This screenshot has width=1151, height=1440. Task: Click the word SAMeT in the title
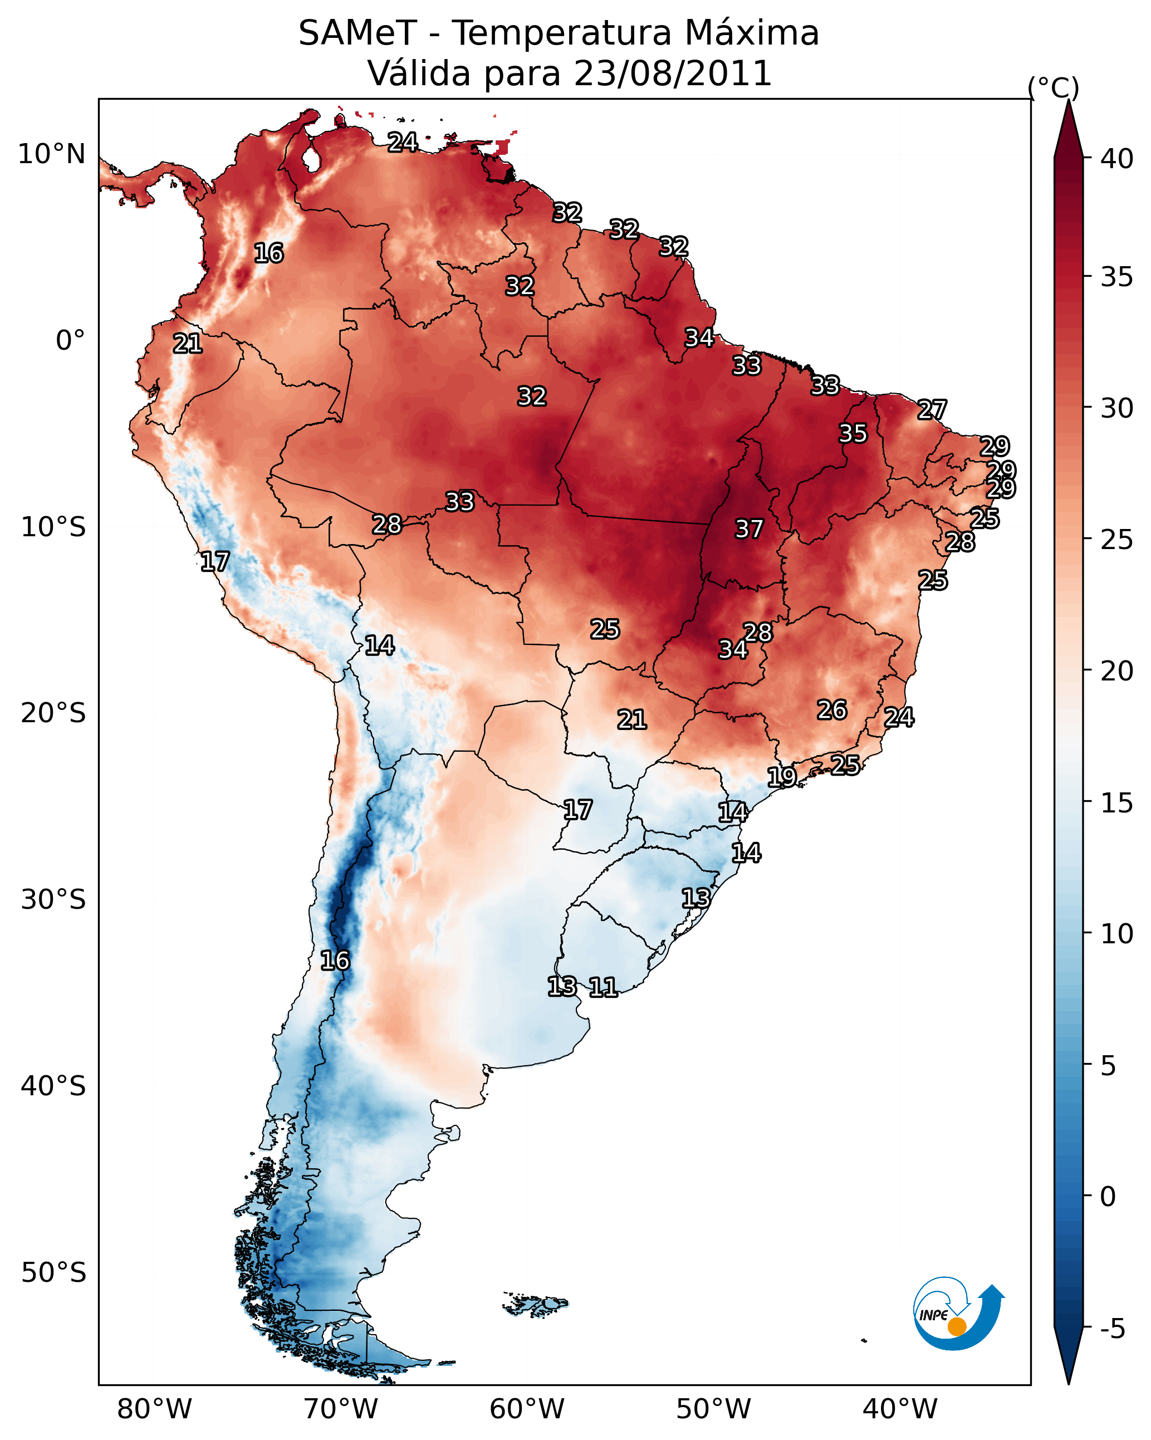coord(357,33)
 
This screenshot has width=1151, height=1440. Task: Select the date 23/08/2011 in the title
coord(672,74)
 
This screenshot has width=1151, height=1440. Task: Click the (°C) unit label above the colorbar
coord(1053,87)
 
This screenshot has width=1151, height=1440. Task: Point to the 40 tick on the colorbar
coord(1117,159)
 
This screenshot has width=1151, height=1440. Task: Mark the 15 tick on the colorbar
coord(1117,803)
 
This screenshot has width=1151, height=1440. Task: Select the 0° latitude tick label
coord(70,341)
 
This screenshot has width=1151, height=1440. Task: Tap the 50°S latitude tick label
coord(53,1273)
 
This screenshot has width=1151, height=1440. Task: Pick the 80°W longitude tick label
coord(154,1409)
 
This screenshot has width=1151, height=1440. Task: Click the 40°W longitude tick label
coord(900,1409)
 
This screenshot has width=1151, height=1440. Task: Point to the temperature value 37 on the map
coord(749,529)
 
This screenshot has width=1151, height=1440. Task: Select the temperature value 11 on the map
coord(603,987)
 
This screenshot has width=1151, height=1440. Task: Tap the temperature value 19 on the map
coord(782,777)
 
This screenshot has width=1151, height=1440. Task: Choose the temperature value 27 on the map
coord(932,409)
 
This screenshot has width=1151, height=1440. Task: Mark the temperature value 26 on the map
coord(832,710)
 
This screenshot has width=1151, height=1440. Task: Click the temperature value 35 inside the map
coord(853,433)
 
